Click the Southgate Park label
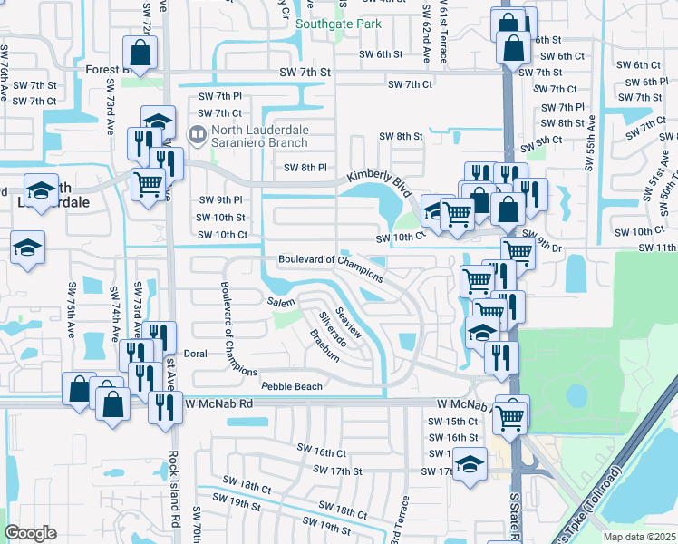pyautogui.click(x=339, y=24)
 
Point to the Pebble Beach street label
pyautogui.click(x=292, y=386)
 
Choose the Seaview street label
pyautogui.click(x=349, y=323)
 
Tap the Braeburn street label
pyautogui.click(x=324, y=345)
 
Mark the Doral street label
pyautogui.click(x=196, y=355)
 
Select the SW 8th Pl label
pyautogui.click(x=305, y=168)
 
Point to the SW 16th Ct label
pyautogui.click(x=323, y=452)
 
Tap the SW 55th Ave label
pyautogui.click(x=589, y=142)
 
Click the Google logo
pyautogui.click(x=30, y=533)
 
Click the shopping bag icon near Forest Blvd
pyautogui.click(x=140, y=50)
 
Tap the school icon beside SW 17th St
pyautogui.click(x=468, y=464)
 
